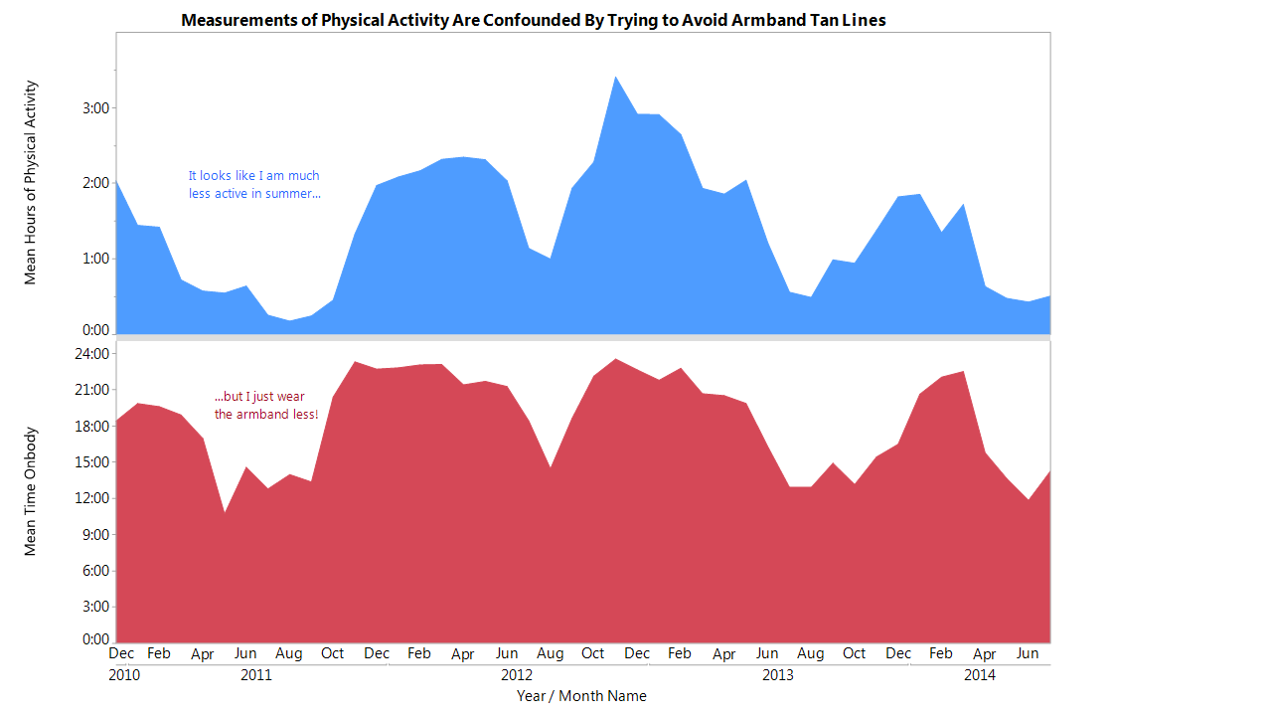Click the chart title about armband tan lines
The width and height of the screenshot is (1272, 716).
pyautogui.click(x=534, y=21)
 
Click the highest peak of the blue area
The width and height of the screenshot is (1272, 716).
pyautogui.click(x=615, y=77)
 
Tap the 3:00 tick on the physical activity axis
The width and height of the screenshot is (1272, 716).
pyautogui.click(x=96, y=108)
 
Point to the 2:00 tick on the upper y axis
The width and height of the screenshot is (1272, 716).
pyautogui.click(x=96, y=183)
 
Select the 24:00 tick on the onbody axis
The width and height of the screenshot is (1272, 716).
pyautogui.click(x=92, y=354)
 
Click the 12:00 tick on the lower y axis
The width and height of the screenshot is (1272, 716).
pyautogui.click(x=92, y=498)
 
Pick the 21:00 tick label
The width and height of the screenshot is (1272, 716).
pyautogui.click(x=92, y=390)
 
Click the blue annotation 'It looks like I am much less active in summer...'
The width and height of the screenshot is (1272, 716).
pyautogui.click(x=254, y=185)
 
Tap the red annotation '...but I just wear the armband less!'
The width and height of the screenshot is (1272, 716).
pyautogui.click(x=266, y=405)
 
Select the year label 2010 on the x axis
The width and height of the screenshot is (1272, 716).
pyautogui.click(x=124, y=675)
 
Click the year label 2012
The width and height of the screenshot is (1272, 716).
pyautogui.click(x=517, y=675)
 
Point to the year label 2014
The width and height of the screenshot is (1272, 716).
pyautogui.click(x=980, y=675)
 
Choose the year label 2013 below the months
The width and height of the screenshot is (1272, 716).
pyautogui.click(x=778, y=675)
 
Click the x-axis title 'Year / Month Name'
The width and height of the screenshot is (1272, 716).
pyautogui.click(x=581, y=696)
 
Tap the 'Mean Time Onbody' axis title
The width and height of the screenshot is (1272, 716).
pyautogui.click(x=30, y=491)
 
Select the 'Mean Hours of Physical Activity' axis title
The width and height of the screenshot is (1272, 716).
pyautogui.click(x=30, y=182)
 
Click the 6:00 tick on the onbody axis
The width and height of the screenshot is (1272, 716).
pyautogui.click(x=96, y=571)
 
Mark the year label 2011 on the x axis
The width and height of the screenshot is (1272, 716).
pyautogui.click(x=256, y=675)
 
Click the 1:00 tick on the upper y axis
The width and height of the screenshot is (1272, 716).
pyautogui.click(x=96, y=260)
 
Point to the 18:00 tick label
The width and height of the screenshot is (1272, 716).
pyautogui.click(x=92, y=427)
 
